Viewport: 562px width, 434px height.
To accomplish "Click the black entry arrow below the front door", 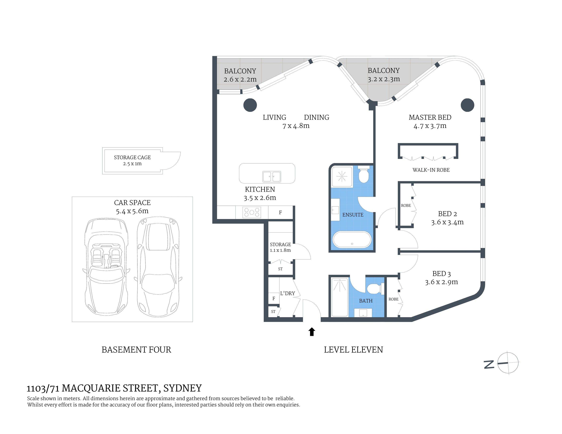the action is point(312,332).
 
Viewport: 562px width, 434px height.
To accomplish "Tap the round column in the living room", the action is point(250,105).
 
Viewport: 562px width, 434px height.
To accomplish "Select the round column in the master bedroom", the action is point(467,105).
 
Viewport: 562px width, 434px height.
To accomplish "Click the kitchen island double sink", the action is point(271,177).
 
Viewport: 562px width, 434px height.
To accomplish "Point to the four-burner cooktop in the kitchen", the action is point(252,212).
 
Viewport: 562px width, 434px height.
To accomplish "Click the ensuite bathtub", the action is point(352,240).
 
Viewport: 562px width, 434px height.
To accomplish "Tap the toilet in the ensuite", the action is point(364,174).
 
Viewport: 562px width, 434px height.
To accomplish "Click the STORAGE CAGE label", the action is point(132,157).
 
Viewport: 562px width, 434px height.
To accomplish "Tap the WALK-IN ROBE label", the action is point(431,170).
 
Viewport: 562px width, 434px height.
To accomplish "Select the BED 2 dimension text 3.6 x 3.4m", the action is point(448,222).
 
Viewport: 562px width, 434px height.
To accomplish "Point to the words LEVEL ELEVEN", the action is point(353,350).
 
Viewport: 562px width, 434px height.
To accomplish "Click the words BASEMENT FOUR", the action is point(136,350).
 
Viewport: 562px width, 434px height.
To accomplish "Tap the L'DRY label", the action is point(287,293).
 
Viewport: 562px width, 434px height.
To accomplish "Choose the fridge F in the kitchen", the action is point(280,213).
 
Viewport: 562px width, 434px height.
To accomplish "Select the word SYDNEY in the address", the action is point(182,388).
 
